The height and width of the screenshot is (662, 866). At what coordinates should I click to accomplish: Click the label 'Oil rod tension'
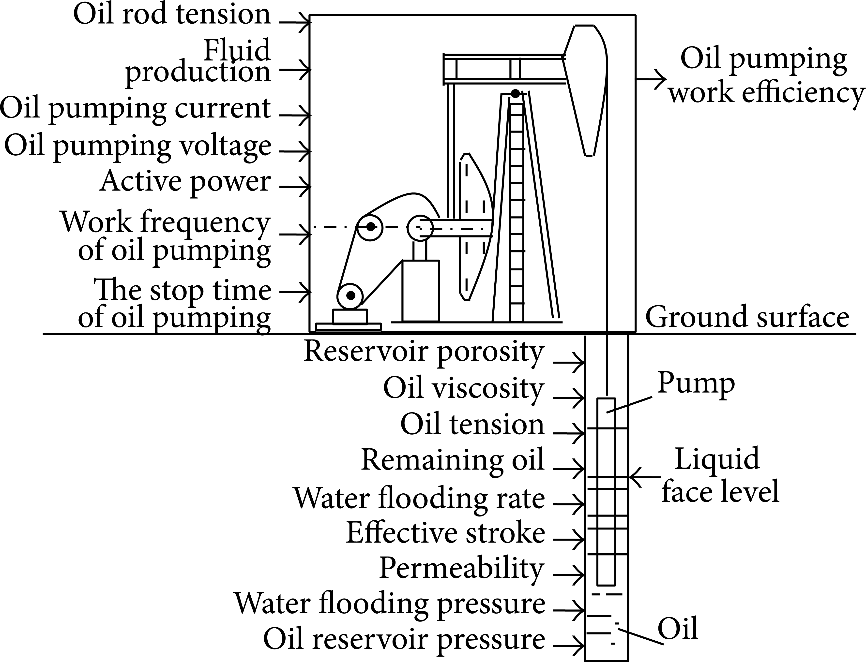click(x=172, y=15)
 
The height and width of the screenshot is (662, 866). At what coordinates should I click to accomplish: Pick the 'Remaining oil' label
click(x=453, y=460)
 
